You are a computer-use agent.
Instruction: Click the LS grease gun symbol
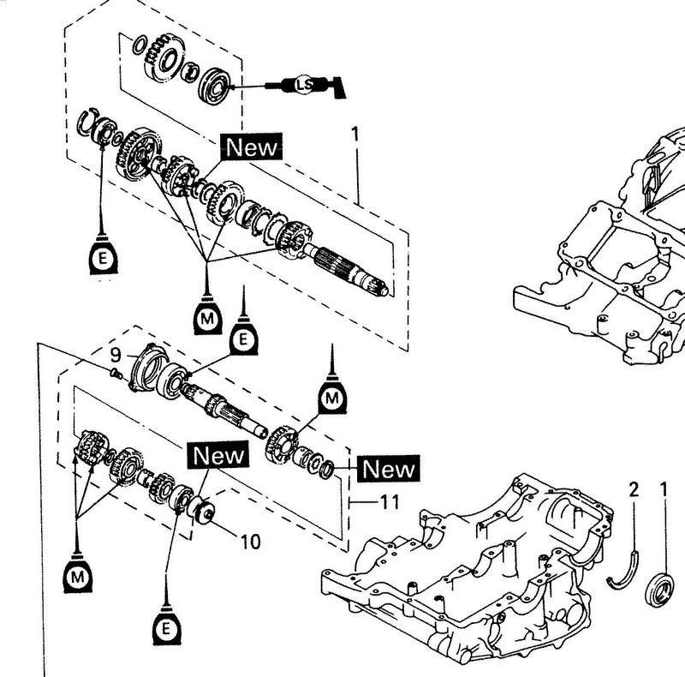(306, 86)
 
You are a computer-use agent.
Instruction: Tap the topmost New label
(252, 147)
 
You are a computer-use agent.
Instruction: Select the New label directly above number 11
(389, 469)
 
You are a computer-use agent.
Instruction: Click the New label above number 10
(218, 454)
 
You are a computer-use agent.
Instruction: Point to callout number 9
(116, 355)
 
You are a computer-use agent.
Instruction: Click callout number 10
(251, 542)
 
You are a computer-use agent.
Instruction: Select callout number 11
(390, 502)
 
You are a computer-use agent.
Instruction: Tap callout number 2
(634, 489)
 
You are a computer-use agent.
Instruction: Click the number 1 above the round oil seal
(664, 489)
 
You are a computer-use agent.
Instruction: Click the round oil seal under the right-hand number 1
(659, 589)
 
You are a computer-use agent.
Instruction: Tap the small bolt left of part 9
(115, 373)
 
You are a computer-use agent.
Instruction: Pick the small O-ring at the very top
(139, 45)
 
